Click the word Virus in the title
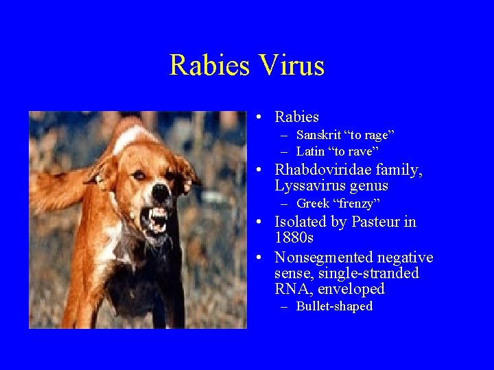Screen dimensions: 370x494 click(292, 66)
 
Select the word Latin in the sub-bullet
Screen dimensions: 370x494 click(311, 151)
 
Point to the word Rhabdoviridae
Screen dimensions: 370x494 click(322, 169)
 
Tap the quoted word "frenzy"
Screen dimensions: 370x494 click(357, 203)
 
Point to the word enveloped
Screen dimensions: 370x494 click(352, 289)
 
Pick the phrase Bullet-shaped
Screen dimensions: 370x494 click(334, 307)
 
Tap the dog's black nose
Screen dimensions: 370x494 click(161, 193)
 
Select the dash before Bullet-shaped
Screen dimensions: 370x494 click(285, 307)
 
